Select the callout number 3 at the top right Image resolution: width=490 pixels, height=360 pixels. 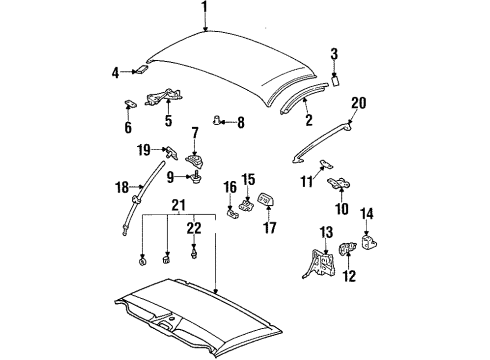pos(335,54)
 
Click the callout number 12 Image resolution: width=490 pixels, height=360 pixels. pos(349,277)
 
